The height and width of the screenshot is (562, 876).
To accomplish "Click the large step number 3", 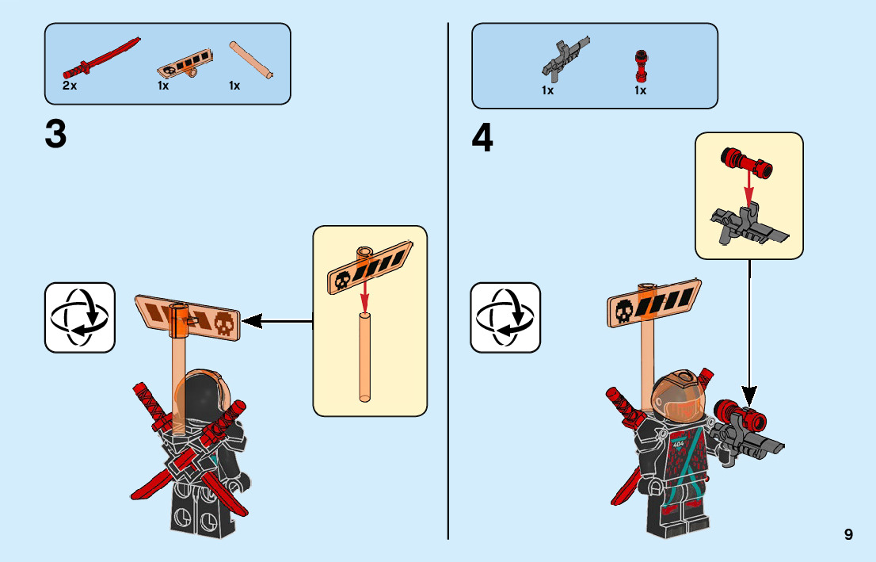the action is click(55, 134).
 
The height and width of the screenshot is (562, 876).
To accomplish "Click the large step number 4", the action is click(482, 140).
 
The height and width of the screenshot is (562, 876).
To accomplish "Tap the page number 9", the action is click(848, 534).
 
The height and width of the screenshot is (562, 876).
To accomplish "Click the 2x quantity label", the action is click(70, 86).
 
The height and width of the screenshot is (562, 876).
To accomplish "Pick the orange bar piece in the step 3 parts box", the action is click(251, 59).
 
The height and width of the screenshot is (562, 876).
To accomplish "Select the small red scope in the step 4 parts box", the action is click(641, 64).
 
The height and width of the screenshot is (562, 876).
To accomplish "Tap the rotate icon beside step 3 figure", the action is click(80, 317).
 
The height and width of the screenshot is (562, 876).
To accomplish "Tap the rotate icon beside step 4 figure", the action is click(505, 317).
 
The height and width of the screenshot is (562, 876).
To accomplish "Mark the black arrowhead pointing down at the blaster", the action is click(748, 394).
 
